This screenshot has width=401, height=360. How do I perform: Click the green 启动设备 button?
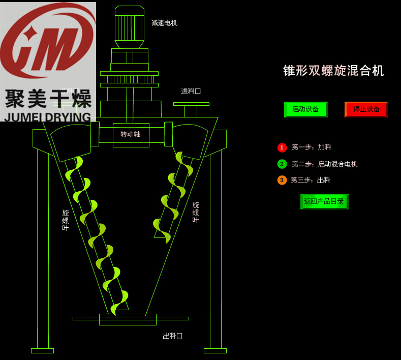[305, 109]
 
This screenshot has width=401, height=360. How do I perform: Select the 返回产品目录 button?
[324, 201]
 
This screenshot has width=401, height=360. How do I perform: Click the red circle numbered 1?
[282, 147]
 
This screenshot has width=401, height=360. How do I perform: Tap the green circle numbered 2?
[282, 164]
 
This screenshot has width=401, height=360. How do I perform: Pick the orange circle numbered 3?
[282, 180]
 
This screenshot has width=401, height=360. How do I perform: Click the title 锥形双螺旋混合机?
[333, 71]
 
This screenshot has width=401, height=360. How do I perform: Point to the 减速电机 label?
[164, 23]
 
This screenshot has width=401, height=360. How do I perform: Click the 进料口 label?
[191, 92]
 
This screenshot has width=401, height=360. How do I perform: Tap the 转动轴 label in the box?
[131, 135]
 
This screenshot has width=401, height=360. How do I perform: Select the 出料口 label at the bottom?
[172, 336]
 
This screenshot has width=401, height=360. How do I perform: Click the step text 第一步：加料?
[312, 147]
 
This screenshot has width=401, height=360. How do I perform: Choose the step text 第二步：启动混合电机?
[325, 164]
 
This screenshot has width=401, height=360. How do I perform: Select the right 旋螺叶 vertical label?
[196, 213]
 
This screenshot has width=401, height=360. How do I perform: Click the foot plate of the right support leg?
[215, 350]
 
